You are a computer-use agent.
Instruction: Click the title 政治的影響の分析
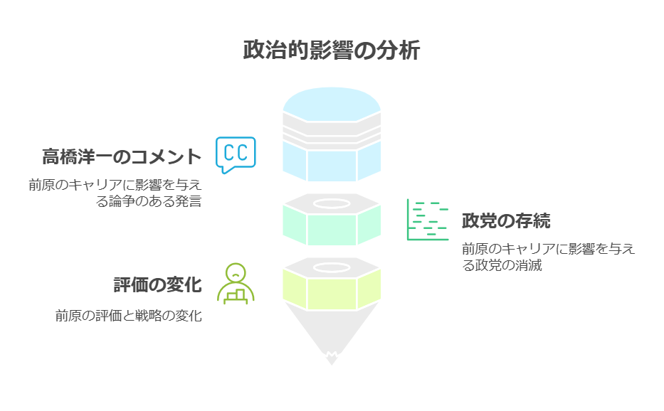pyautogui.click(x=332, y=52)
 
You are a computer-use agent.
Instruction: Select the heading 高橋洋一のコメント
pyautogui.click(x=121, y=156)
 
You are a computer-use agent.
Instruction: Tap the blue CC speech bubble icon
pyautogui.click(x=236, y=154)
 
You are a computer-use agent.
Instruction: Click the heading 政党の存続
pyautogui.click(x=506, y=221)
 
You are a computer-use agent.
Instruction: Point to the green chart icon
pyautogui.click(x=428, y=220)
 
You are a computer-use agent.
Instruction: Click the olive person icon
pyautogui.click(x=236, y=284)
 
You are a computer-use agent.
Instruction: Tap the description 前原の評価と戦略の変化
pyautogui.click(x=129, y=316)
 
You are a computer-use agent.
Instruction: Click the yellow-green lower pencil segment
pyautogui.click(x=332, y=292)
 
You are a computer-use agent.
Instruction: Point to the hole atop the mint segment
pyautogui.click(x=332, y=204)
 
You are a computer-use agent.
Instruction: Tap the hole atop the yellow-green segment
pyautogui.click(x=332, y=268)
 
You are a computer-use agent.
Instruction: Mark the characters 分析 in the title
pyautogui.click(x=403, y=52)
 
